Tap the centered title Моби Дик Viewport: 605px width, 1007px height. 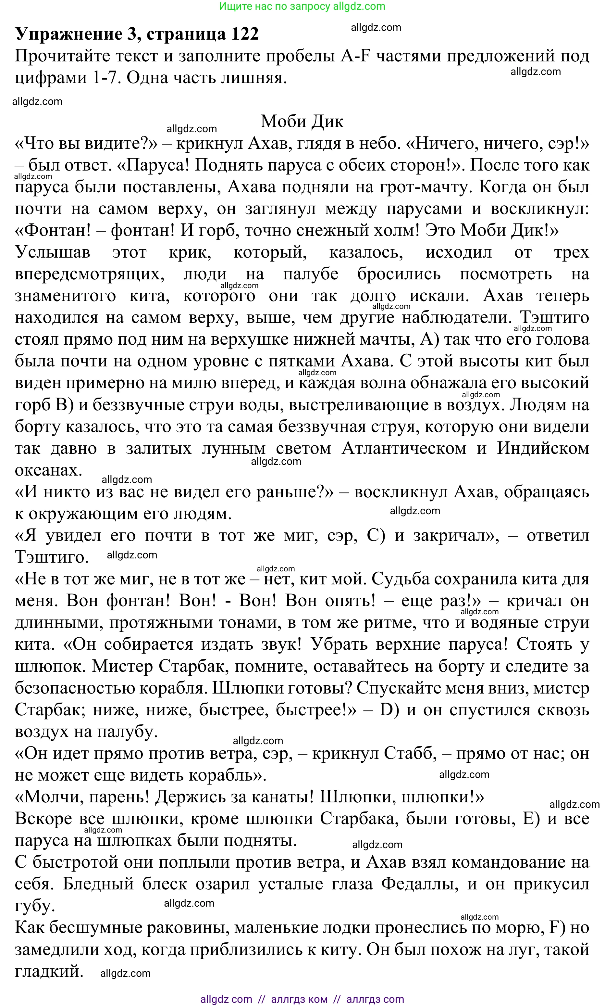[x=302, y=121]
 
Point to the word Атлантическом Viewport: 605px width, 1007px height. [x=404, y=448]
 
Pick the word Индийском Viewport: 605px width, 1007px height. [x=543, y=448]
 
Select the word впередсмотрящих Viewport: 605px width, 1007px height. [x=90, y=274]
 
